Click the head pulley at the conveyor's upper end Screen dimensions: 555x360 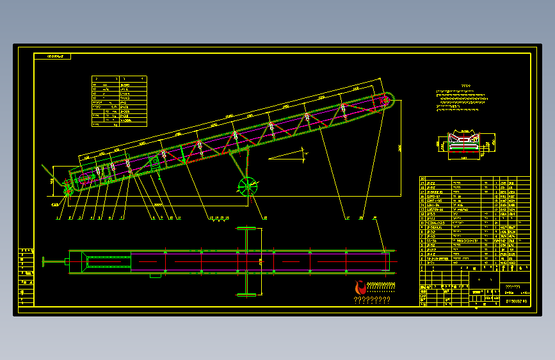(386, 100)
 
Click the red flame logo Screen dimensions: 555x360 (362, 288)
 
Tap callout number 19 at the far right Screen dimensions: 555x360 (375, 218)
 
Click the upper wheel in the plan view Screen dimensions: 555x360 (246, 228)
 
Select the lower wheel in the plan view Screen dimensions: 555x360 (246, 295)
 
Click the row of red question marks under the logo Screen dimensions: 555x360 (372, 300)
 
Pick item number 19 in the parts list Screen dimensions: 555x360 (423, 183)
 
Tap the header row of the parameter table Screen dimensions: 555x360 (119, 79)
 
